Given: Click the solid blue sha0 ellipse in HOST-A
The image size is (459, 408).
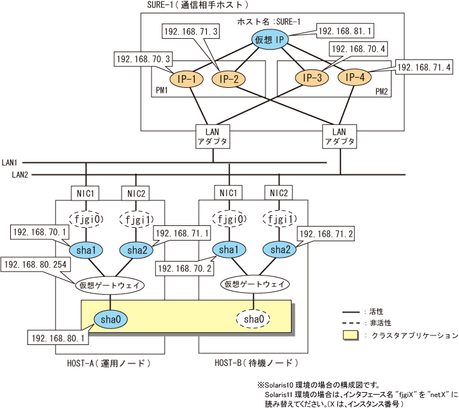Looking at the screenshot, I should [111, 319].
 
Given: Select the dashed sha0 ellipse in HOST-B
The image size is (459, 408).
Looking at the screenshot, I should [254, 319].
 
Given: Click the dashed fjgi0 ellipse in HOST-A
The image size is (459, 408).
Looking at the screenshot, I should [86, 220].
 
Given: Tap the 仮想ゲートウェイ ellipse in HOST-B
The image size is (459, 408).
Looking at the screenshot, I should [254, 283].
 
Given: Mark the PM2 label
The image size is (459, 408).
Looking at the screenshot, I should [381, 92].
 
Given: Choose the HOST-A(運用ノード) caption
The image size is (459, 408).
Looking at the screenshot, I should [108, 363].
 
